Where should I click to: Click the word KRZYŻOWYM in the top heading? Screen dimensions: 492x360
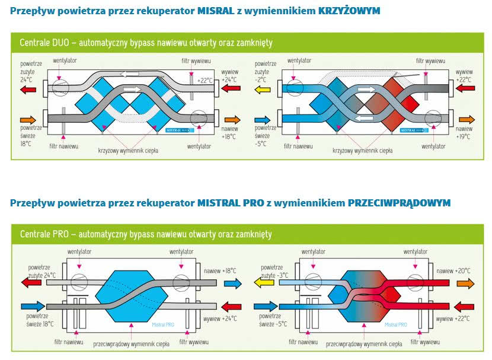pyautogui.click(x=349, y=11)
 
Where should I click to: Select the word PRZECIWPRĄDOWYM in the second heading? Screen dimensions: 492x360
pyautogui.click(x=399, y=203)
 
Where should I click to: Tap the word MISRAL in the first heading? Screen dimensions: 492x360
pyautogui.click(x=216, y=11)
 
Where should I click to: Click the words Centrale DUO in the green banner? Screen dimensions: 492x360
pyautogui.click(x=44, y=42)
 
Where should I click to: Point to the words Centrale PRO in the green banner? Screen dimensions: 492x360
pyautogui.click(x=44, y=234)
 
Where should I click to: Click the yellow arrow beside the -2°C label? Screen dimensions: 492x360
pyautogui.click(x=263, y=90)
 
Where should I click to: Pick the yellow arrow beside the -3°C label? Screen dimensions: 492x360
pyautogui.click(x=264, y=282)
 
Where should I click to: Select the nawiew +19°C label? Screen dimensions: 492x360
pyautogui.click(x=464, y=133)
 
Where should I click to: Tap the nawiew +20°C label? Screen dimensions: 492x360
pyautogui.click(x=453, y=271)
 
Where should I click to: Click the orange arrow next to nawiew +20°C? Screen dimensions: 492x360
pyautogui.click(x=466, y=283)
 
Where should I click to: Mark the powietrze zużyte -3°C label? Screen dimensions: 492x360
pyautogui.click(x=271, y=272)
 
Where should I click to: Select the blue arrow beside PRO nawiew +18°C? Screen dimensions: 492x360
pyautogui.click(x=233, y=283)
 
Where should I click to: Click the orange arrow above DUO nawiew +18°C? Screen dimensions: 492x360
pyautogui.click(x=232, y=120)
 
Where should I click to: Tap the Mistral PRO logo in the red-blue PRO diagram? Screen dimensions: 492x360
pyautogui.click(x=395, y=324)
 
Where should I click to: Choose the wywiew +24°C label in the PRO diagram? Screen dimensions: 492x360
pyautogui.click(x=220, y=318)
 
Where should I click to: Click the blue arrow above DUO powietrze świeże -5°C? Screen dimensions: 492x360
pyautogui.click(x=263, y=120)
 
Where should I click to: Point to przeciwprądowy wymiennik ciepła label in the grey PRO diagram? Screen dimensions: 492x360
pyautogui.click(x=131, y=344)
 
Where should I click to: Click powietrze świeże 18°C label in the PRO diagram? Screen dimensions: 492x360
pyautogui.click(x=40, y=320)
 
